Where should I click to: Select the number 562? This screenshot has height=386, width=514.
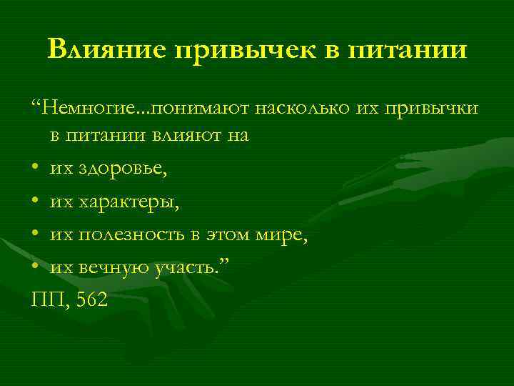pyautogui.click(x=91, y=300)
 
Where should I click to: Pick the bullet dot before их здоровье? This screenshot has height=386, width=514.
pyautogui.click(x=36, y=169)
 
